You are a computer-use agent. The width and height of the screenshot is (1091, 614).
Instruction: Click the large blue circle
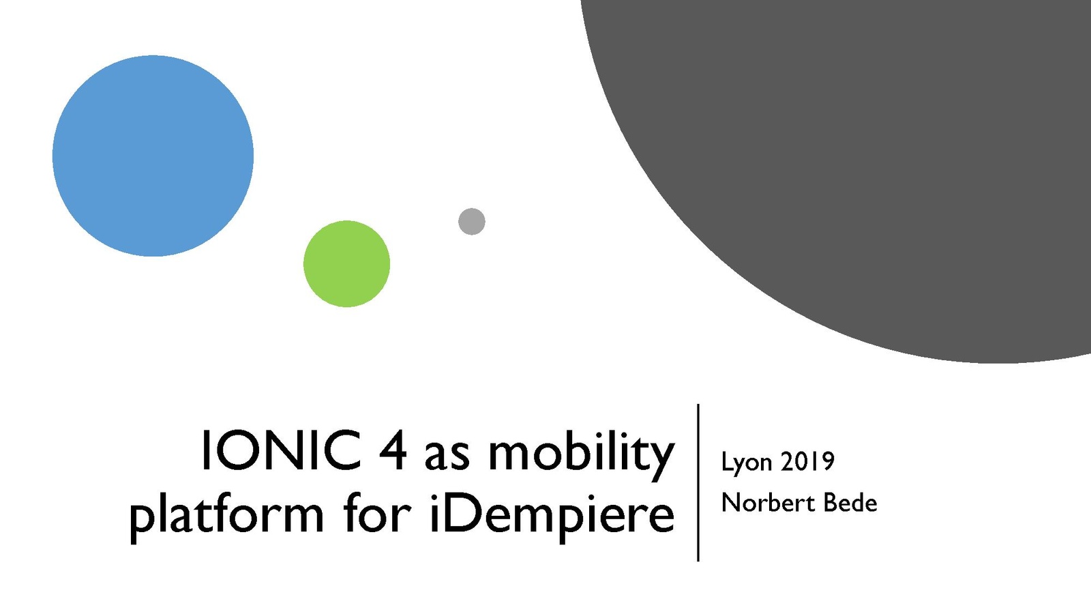(153, 156)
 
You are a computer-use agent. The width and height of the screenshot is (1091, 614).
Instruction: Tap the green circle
(347, 263)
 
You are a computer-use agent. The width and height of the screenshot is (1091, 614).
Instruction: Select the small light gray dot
(471, 222)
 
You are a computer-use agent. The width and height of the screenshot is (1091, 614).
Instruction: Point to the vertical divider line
(698, 482)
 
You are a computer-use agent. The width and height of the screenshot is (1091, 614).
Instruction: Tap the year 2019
(807, 461)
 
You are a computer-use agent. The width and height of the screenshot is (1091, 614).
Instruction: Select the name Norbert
(768, 502)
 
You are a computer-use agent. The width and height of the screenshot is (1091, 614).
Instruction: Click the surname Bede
(850, 502)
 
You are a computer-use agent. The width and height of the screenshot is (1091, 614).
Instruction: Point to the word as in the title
(447, 456)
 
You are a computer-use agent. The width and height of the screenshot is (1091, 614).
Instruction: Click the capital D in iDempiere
(460, 511)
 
